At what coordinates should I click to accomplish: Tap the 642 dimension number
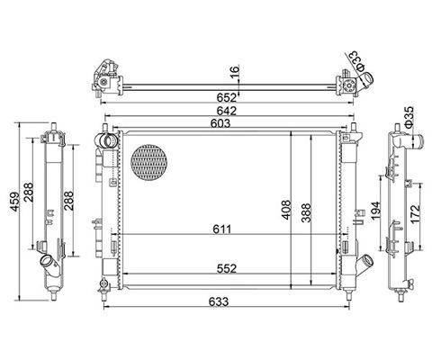(223, 110)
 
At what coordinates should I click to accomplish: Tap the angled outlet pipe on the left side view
(46, 266)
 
